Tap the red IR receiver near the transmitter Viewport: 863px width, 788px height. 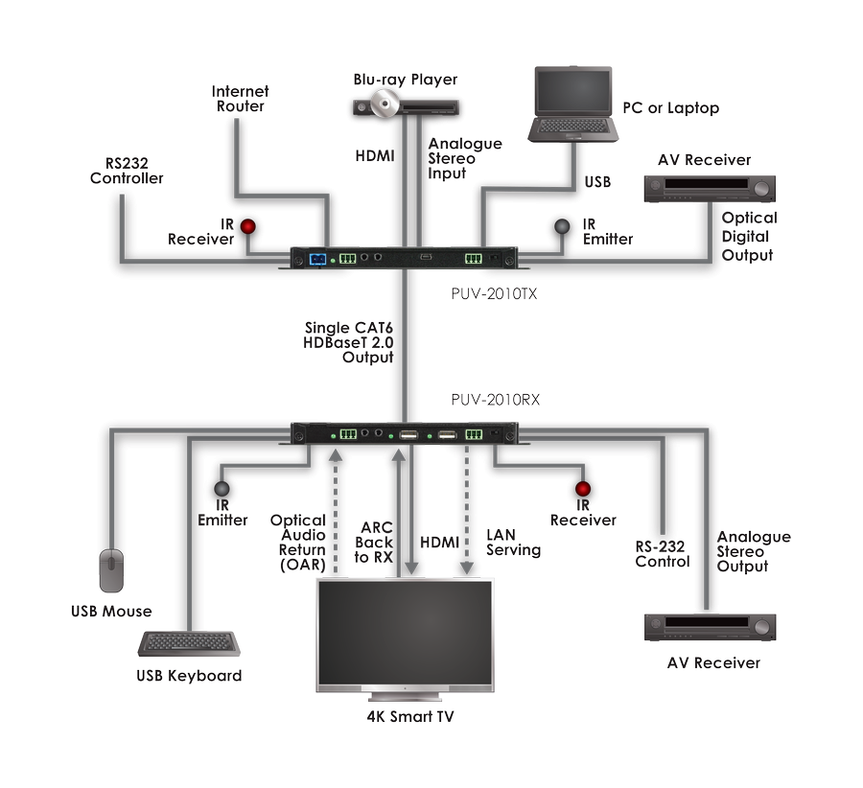pyautogui.click(x=249, y=227)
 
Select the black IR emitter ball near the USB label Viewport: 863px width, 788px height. pyautogui.click(x=559, y=226)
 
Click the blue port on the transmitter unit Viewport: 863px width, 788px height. pyautogui.click(x=318, y=257)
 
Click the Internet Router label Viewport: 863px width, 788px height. pyautogui.click(x=241, y=99)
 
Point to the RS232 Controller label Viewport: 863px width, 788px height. pyautogui.click(x=127, y=171)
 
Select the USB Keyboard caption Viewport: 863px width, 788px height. pyautogui.click(x=189, y=676)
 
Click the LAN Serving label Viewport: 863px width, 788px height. pyautogui.click(x=513, y=543)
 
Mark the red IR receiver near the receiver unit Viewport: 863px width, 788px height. pyautogui.click(x=582, y=492)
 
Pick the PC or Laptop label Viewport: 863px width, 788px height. pyautogui.click(x=670, y=108)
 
